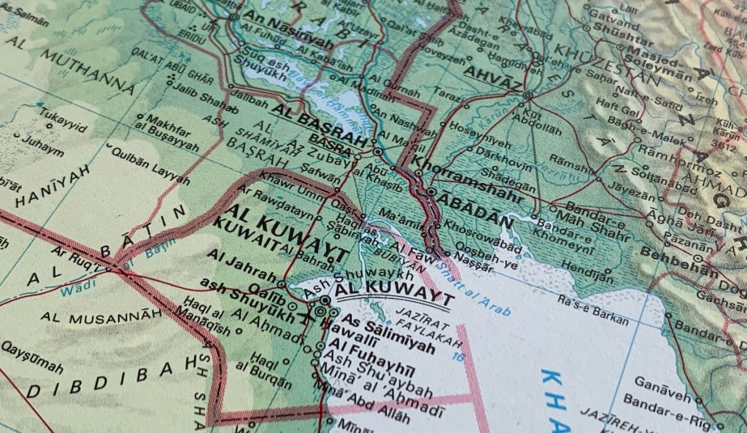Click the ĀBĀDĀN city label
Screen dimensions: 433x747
471,202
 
